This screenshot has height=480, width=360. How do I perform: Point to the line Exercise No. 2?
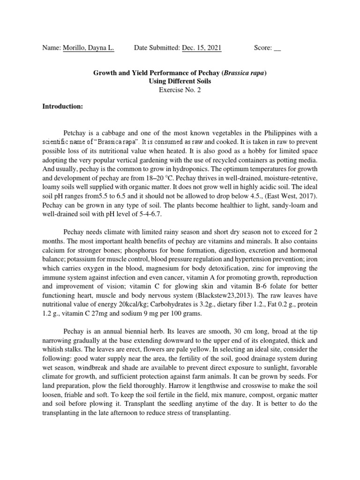(x=180, y=90)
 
